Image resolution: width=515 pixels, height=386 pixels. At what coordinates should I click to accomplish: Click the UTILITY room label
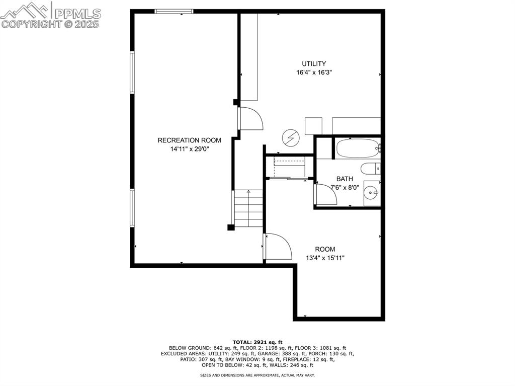(x=314, y=64)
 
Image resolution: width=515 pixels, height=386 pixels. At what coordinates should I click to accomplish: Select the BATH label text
(x=345, y=179)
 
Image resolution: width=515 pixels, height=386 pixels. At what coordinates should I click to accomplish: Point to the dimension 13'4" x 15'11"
(x=325, y=258)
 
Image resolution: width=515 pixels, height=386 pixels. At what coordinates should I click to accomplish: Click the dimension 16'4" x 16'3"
(x=314, y=72)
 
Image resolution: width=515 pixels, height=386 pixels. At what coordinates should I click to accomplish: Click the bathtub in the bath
(x=358, y=148)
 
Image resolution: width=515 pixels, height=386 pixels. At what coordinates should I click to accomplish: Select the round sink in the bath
(x=372, y=192)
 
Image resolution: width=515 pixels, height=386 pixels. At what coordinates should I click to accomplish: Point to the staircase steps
(x=248, y=208)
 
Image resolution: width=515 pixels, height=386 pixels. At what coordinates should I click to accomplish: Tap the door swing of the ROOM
(x=279, y=247)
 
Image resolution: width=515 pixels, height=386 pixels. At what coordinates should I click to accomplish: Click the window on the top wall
(x=174, y=11)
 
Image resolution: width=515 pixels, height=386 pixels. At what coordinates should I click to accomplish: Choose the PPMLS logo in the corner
(x=50, y=15)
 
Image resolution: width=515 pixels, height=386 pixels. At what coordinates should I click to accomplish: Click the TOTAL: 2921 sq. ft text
(x=257, y=342)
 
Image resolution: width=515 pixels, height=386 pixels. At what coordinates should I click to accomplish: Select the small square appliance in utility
(x=313, y=126)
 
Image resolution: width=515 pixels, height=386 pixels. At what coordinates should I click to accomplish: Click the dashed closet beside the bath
(x=289, y=167)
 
